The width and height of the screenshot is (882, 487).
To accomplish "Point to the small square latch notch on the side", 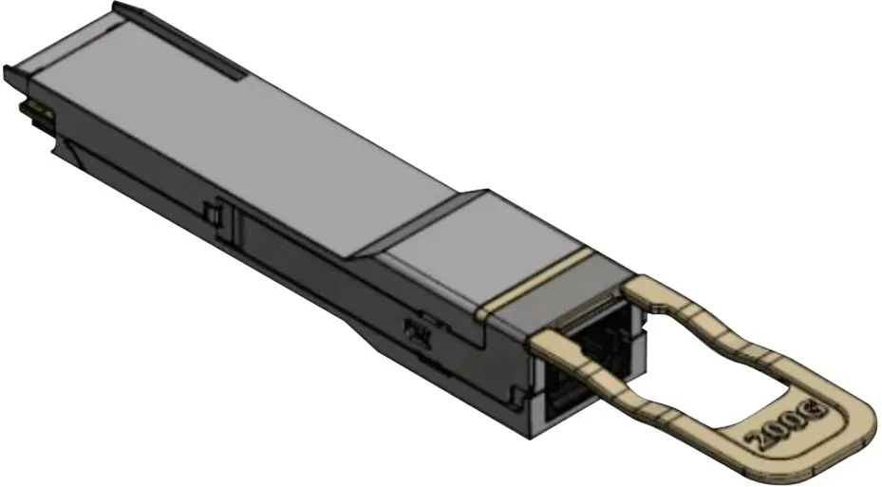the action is (212, 214).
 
